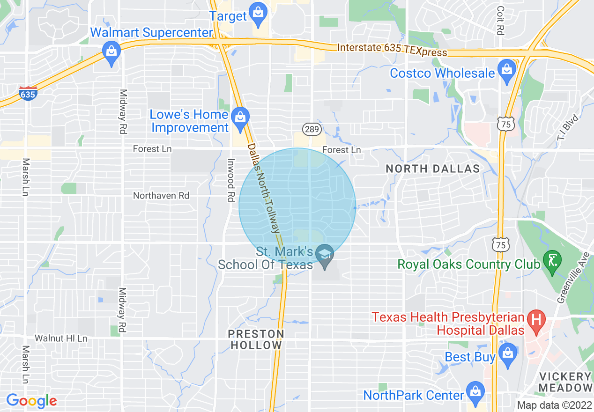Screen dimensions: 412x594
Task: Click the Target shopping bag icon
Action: point(258,13)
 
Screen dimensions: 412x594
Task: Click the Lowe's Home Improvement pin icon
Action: point(240,118)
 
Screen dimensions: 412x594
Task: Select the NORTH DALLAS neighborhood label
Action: point(433,169)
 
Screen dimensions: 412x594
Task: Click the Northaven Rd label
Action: point(161,196)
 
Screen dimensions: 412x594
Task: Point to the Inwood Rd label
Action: point(230,180)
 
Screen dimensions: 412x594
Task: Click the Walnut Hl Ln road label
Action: point(61,338)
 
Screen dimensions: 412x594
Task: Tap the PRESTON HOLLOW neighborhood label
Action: point(256,339)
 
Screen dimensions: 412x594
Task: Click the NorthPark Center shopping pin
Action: point(475,392)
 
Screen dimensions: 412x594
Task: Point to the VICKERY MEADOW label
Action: point(565,382)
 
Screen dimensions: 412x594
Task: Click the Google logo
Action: point(31,401)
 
